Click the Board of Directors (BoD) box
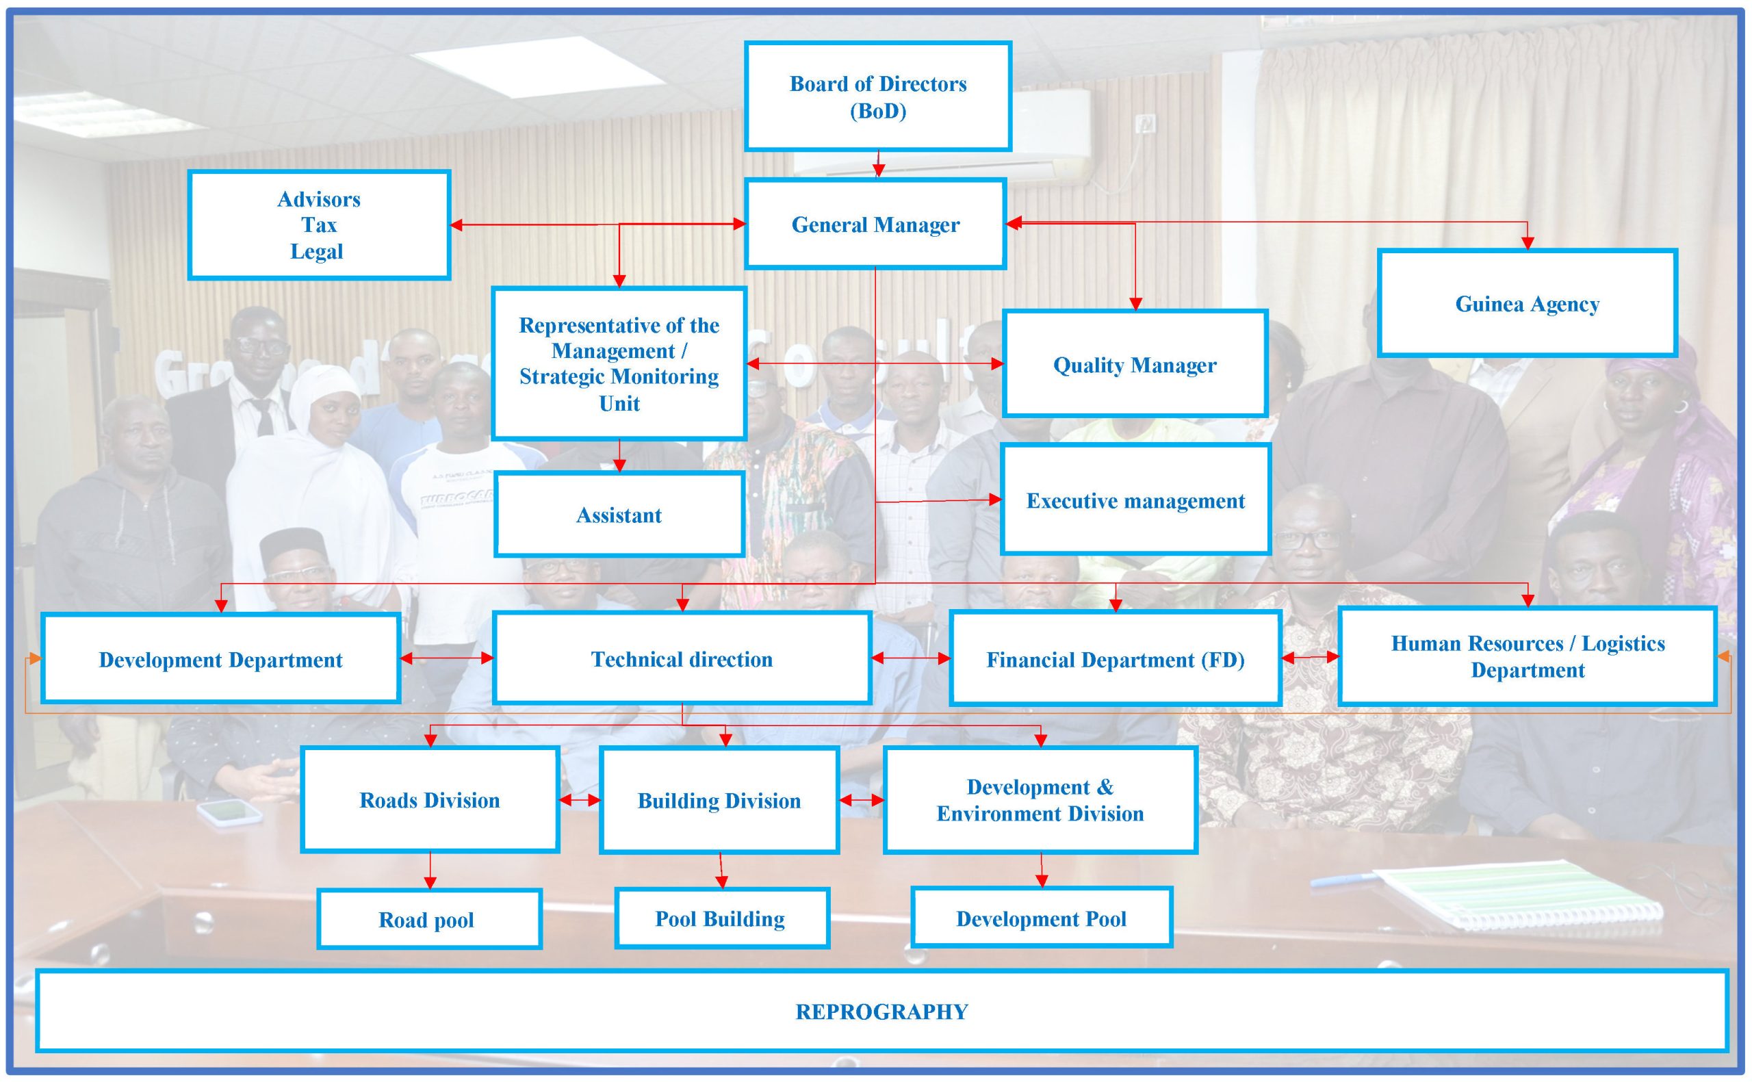coord(878,96)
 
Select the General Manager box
coord(875,224)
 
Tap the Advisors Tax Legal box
coord(319,224)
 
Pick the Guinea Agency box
coord(1527,303)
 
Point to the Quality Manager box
coord(1135,364)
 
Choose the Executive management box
coord(1135,500)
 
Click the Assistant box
coord(619,515)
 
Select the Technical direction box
coord(682,658)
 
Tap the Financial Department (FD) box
coord(1116,659)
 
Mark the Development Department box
coord(220,659)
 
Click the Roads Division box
coord(429,799)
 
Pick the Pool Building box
coord(721,918)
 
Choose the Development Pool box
coord(1041,918)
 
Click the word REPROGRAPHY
coord(881,1011)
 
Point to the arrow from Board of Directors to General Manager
coord(879,164)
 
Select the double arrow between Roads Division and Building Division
coord(580,800)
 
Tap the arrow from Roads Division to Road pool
coord(430,870)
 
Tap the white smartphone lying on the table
coord(229,812)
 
